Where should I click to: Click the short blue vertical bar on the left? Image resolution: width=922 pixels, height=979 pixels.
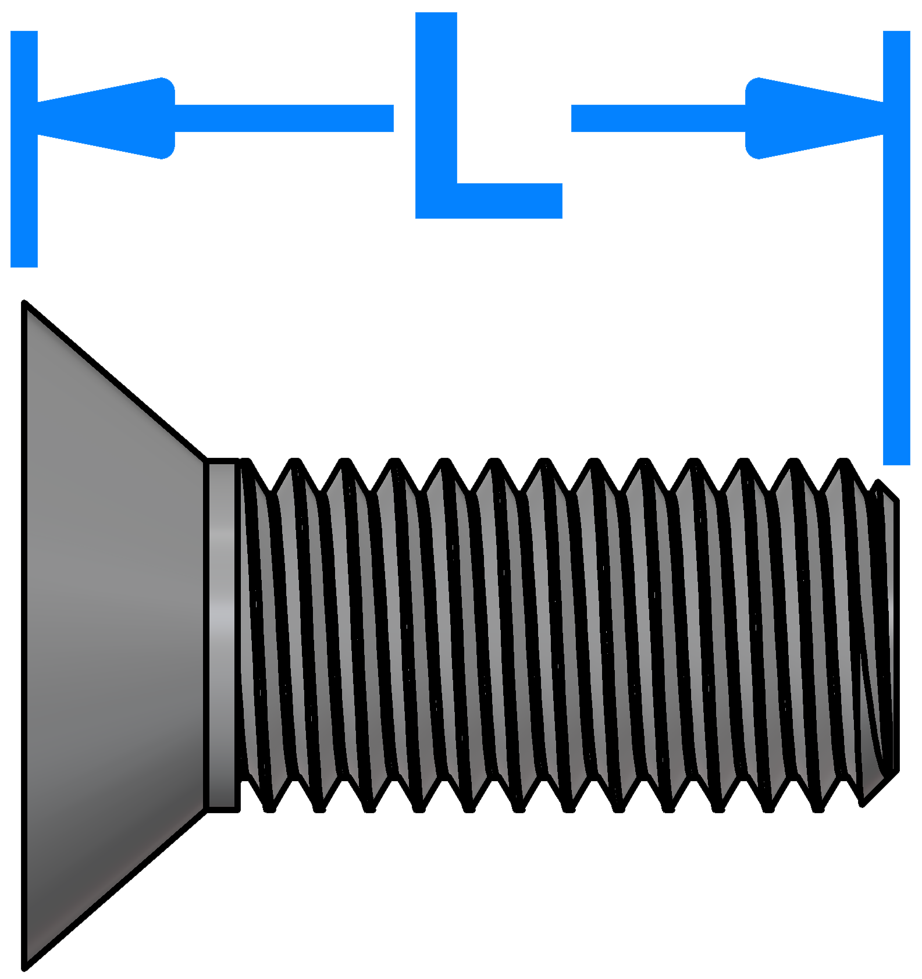tap(24, 149)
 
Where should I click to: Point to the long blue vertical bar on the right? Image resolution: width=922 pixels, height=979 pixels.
tap(896, 248)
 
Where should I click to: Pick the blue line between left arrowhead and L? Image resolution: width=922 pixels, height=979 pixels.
tap(284, 118)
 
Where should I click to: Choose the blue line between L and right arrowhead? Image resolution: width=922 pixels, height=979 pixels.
tap(658, 118)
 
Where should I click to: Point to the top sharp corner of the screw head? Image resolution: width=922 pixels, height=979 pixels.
tap(24, 302)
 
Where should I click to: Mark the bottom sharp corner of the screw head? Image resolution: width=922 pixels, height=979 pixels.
tap(24, 967)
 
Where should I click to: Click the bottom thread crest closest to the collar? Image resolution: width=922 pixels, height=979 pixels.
tap(269, 808)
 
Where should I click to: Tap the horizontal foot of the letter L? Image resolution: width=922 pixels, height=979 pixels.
tap(489, 201)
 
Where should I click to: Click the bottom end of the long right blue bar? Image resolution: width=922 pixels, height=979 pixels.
tap(896, 464)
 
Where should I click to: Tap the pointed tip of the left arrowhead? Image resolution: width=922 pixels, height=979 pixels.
tap(39, 118)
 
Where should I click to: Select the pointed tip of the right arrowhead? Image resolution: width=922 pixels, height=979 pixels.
tap(882, 118)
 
